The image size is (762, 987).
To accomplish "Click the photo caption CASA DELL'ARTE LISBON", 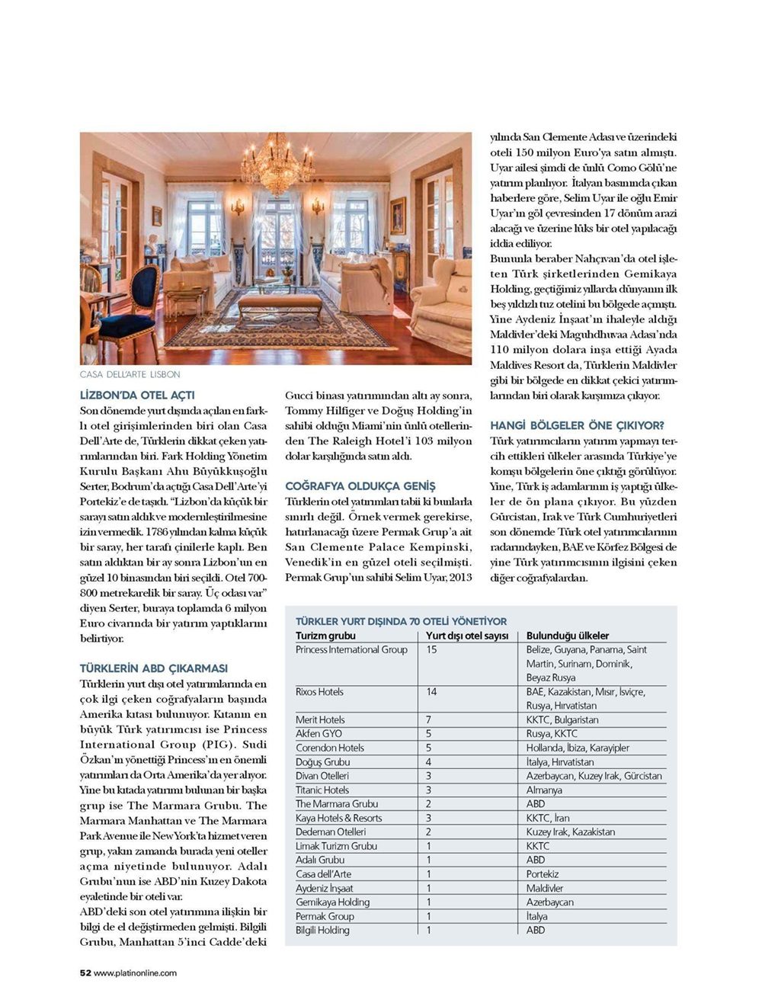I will pos(130,375).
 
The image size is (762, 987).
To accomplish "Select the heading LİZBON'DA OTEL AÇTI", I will pos(137,396).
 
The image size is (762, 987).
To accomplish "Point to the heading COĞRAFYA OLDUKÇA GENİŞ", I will pos(360,486).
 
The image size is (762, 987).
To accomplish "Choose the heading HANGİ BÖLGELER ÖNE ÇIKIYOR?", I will pos(578,425).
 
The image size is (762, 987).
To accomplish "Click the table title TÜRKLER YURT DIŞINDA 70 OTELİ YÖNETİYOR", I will pos(401,621).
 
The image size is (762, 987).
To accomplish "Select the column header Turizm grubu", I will pos(325,636).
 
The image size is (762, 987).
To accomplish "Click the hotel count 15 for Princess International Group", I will pos(432,650).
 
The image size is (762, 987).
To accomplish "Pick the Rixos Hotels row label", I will pos(319,692).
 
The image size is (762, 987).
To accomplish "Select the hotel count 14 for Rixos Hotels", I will pos(432,692).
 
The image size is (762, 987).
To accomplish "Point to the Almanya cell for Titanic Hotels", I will pos(544,790).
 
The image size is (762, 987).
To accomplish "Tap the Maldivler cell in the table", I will pos(545,888).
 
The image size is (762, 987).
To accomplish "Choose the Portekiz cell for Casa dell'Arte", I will pos(543,874).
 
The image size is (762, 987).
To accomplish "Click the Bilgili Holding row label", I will pos(322,930).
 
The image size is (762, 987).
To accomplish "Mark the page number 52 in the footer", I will pos(85,973).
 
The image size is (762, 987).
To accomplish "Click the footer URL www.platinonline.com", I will pos(136,973).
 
